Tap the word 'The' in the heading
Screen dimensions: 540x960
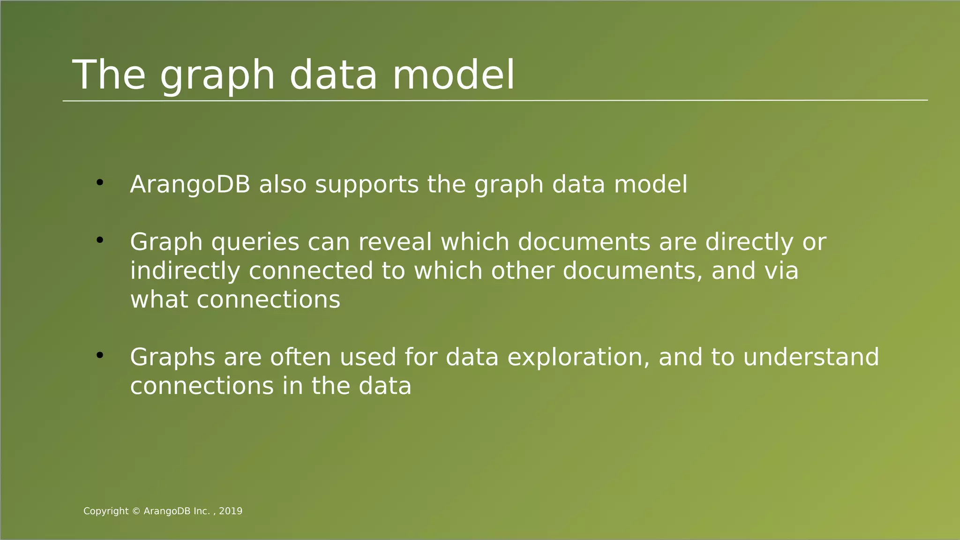tap(109, 75)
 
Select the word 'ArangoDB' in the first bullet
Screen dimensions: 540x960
tap(190, 185)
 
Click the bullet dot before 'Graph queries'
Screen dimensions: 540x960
tap(99, 240)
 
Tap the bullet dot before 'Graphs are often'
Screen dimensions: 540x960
tap(99, 355)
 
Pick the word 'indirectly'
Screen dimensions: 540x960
tap(185, 271)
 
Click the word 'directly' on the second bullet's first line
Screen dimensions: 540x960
tap(749, 243)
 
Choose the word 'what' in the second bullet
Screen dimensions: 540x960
tap(159, 300)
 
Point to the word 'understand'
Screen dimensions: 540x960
tap(811, 357)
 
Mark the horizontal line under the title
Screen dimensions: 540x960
tap(495, 100)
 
